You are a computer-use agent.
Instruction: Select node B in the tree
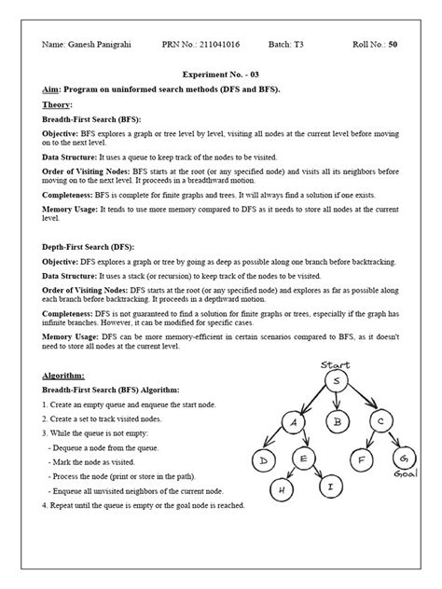click(x=339, y=421)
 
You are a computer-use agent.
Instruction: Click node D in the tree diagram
click(x=265, y=461)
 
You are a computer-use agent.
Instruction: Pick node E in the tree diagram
click(x=304, y=459)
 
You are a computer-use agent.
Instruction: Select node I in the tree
click(x=328, y=486)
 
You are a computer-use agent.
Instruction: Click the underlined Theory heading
click(x=58, y=104)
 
